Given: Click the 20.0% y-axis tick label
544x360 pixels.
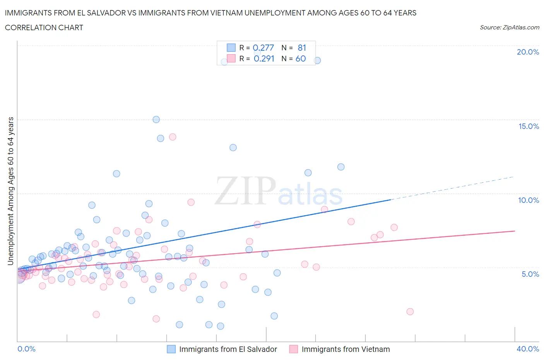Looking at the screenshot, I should point(528,52).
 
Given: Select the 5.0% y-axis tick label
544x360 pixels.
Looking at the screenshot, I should point(530,274).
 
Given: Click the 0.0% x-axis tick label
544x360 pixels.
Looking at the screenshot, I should point(26,349).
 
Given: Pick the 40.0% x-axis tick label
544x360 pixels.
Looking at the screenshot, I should point(528,349).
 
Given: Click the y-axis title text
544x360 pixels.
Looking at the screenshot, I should point(10,191).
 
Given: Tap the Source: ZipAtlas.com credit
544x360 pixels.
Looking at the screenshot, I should point(509,27).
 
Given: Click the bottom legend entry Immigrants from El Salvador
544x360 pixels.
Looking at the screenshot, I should point(228,349).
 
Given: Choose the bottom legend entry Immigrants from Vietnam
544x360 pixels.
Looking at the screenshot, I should point(346,349).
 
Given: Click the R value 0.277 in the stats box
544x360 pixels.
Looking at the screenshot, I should point(263,48).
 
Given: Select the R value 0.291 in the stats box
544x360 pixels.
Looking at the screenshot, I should point(264,58).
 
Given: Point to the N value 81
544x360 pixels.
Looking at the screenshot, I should point(302,48).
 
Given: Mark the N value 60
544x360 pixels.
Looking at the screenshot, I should point(301,58).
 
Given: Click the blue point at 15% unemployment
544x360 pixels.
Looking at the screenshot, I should point(156,120).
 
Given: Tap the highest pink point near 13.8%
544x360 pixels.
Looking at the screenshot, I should point(173,137).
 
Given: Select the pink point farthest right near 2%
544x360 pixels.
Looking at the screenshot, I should point(410,312).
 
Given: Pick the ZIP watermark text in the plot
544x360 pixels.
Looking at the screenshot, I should point(245,190).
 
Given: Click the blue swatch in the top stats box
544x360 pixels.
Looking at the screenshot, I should point(231,48).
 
